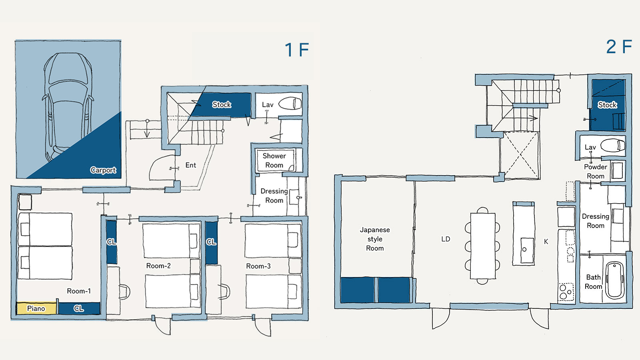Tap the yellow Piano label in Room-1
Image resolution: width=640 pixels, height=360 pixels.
[36, 308]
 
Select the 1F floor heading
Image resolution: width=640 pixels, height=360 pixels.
[297, 50]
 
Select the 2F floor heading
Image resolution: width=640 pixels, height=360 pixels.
[619, 46]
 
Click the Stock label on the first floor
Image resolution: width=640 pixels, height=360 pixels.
[222, 104]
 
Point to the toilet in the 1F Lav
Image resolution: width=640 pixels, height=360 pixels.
[290, 104]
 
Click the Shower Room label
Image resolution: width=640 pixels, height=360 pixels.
[274, 160]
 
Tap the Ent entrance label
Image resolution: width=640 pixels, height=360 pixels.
[190, 165]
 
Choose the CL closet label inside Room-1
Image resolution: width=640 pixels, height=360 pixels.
[78, 308]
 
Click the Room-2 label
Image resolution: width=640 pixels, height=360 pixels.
[158, 266]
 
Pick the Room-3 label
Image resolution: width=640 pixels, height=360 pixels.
[258, 266]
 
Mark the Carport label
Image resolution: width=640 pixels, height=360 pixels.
[103, 170]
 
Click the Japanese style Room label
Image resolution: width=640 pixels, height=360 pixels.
[375, 239]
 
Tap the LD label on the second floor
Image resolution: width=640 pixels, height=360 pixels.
[446, 239]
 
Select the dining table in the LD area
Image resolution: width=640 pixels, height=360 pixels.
[482, 246]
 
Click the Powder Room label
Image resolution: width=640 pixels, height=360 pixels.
[596, 172]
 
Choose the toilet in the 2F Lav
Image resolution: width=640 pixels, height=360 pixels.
[613, 146]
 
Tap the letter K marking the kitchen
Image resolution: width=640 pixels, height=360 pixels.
[546, 242]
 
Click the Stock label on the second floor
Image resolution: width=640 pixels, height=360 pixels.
[608, 105]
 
